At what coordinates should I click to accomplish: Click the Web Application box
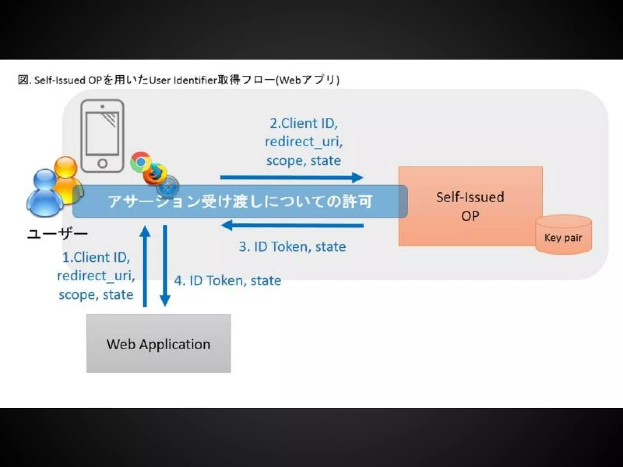point(158,343)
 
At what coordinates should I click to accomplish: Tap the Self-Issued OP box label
point(470,206)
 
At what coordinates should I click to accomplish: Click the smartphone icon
point(103,136)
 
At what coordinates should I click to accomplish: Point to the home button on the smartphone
point(103,163)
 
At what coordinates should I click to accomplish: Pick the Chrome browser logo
point(140,161)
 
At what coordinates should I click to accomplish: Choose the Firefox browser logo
point(155,174)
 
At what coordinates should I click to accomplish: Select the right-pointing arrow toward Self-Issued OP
point(291,177)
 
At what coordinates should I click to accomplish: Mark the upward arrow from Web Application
point(145,266)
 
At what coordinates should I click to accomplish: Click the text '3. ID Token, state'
point(292,247)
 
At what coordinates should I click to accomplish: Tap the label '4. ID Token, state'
point(228,280)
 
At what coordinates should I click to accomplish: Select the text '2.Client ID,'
point(304,123)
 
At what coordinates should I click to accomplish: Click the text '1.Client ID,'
point(96,257)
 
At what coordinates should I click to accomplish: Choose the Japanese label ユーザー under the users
point(57,234)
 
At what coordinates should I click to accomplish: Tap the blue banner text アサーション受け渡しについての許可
point(240,202)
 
